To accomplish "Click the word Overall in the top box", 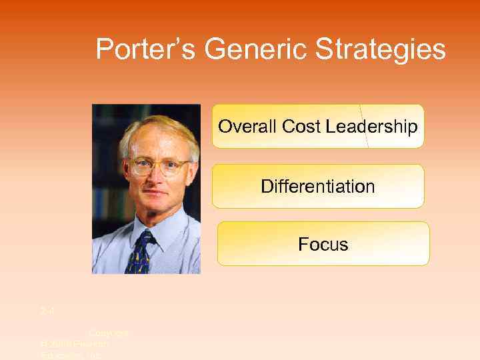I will [x=245, y=126].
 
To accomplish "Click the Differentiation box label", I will [x=318, y=186].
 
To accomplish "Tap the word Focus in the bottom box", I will [x=323, y=244].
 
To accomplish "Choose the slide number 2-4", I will [x=46, y=311].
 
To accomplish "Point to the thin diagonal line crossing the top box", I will [x=363, y=126].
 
